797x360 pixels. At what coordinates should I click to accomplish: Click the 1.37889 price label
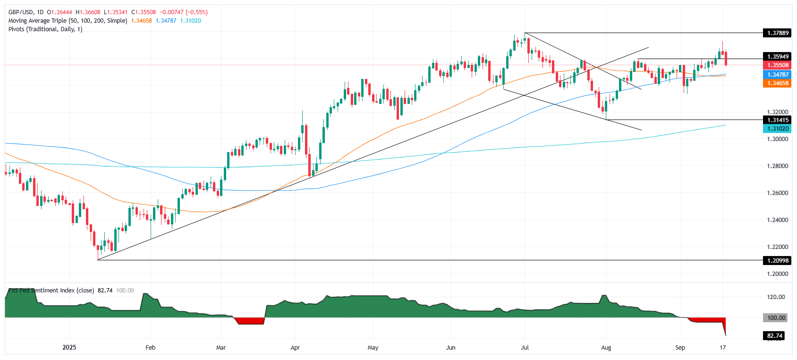[x=777, y=33]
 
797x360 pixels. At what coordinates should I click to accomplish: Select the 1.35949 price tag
[x=777, y=57]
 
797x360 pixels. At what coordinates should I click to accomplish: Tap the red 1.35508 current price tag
[x=777, y=65]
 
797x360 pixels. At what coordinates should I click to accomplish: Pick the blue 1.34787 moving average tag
[x=777, y=75]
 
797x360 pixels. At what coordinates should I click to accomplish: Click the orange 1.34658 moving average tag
[x=777, y=83]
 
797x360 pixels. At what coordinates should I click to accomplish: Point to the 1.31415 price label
[x=777, y=120]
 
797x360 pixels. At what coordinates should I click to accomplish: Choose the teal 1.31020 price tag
[x=777, y=129]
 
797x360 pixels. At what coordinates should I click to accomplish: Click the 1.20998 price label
[x=777, y=260]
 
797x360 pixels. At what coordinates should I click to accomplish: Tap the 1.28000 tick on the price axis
[x=777, y=166]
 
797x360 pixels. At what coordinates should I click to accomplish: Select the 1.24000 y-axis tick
[x=777, y=220]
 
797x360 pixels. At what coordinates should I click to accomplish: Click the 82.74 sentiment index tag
[x=774, y=336]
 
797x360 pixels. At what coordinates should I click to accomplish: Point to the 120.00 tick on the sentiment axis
[x=776, y=297]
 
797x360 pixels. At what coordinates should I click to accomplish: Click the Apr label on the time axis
[x=295, y=348]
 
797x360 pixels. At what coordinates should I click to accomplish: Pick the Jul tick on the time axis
[x=525, y=348]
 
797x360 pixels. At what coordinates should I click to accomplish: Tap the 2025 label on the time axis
[x=69, y=348]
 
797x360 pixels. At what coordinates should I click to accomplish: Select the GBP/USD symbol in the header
[x=21, y=12]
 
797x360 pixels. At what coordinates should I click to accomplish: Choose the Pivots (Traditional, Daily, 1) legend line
[x=45, y=29]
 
